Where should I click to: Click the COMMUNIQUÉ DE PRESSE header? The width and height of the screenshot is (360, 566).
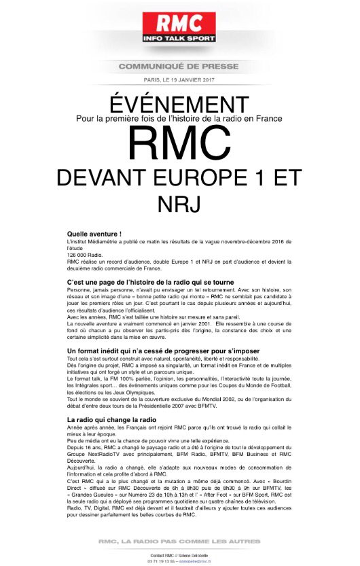click(179, 66)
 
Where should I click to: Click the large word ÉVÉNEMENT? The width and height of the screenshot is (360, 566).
click(179, 104)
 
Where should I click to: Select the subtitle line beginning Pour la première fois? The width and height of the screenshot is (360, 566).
click(179, 118)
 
